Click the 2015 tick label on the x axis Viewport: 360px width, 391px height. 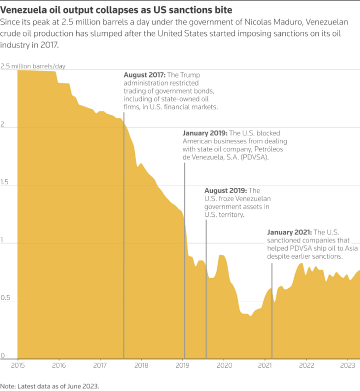(x=18, y=365)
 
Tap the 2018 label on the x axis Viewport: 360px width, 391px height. (x=141, y=365)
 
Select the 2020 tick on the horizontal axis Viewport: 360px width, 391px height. (x=224, y=365)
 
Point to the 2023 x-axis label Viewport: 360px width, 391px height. (x=347, y=365)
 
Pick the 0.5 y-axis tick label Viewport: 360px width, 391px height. (x=6, y=298)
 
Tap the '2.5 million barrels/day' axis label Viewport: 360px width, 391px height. (x=33, y=66)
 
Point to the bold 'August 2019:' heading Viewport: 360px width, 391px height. (x=225, y=190)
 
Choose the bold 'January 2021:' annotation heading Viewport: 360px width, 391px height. (x=290, y=232)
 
